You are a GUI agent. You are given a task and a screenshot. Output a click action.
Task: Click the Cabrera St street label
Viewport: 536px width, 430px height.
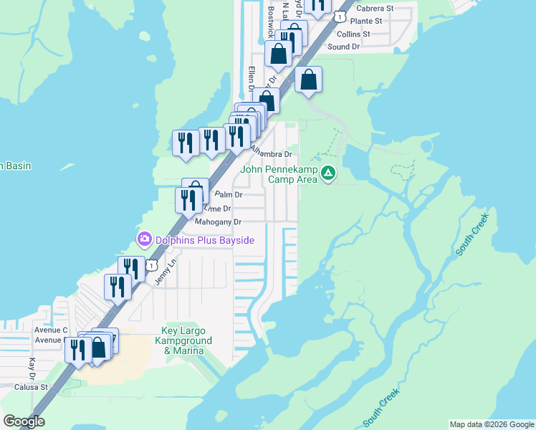click(x=375, y=8)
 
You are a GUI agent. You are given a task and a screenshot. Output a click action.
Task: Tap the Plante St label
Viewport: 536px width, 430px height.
click(x=368, y=21)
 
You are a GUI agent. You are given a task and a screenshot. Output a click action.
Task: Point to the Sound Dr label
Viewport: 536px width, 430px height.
click(x=343, y=47)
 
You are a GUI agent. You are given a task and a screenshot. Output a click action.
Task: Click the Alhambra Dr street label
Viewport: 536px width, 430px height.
click(x=272, y=153)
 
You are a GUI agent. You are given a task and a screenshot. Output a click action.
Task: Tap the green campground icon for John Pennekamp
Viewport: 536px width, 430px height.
click(x=328, y=173)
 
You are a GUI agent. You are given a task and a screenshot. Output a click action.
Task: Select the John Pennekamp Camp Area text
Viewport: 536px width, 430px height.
click(x=279, y=174)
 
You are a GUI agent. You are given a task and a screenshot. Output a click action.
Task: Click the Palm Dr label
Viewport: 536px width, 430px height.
click(x=229, y=194)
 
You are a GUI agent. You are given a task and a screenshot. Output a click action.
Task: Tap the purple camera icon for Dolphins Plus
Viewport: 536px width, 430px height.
click(x=144, y=239)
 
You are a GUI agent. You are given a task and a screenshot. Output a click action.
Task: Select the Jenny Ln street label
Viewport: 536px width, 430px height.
click(x=166, y=272)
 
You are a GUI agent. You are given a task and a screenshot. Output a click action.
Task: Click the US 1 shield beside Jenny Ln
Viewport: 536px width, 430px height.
click(x=151, y=265)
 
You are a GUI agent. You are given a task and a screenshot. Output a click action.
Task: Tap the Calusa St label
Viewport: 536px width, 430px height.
click(x=31, y=387)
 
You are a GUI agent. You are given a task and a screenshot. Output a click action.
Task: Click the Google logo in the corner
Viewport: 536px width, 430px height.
click(x=24, y=421)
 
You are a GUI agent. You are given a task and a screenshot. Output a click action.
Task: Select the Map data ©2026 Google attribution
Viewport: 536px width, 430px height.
click(x=491, y=424)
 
